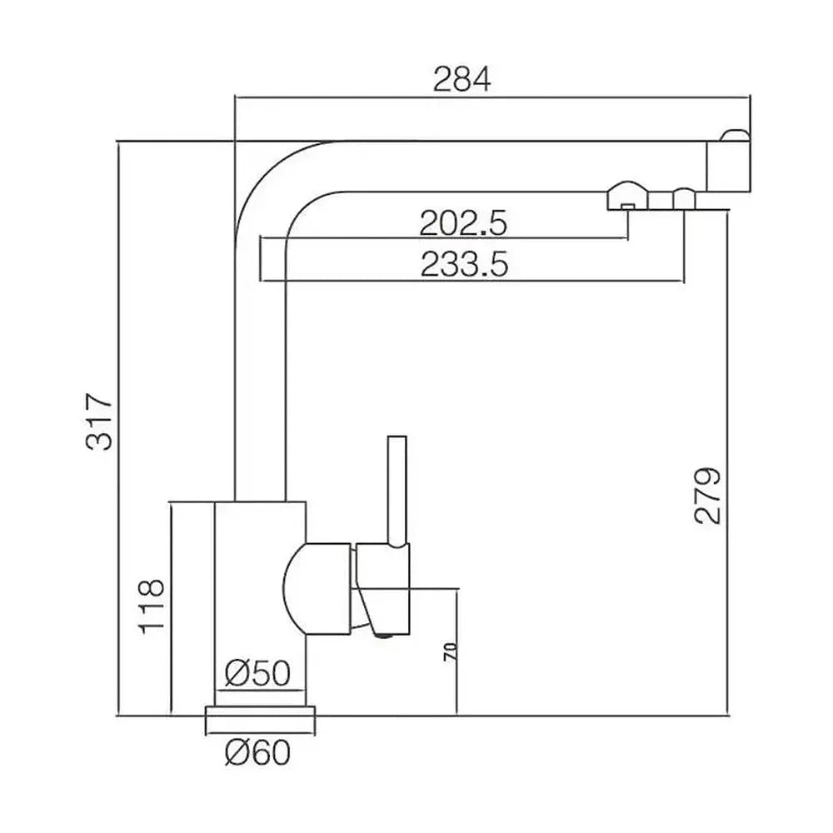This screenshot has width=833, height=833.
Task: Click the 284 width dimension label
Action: (x=462, y=79)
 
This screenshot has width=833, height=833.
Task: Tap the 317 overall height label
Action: (x=99, y=421)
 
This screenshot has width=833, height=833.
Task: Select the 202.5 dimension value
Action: (x=463, y=223)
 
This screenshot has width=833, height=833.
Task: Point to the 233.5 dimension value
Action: (x=464, y=264)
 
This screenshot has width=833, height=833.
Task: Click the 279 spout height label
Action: (x=708, y=496)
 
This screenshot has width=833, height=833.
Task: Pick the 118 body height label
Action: (x=152, y=606)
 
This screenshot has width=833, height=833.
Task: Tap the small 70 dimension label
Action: (x=450, y=652)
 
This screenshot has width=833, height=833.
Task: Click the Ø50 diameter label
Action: (x=257, y=673)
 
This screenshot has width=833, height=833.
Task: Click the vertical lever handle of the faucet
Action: (x=397, y=491)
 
